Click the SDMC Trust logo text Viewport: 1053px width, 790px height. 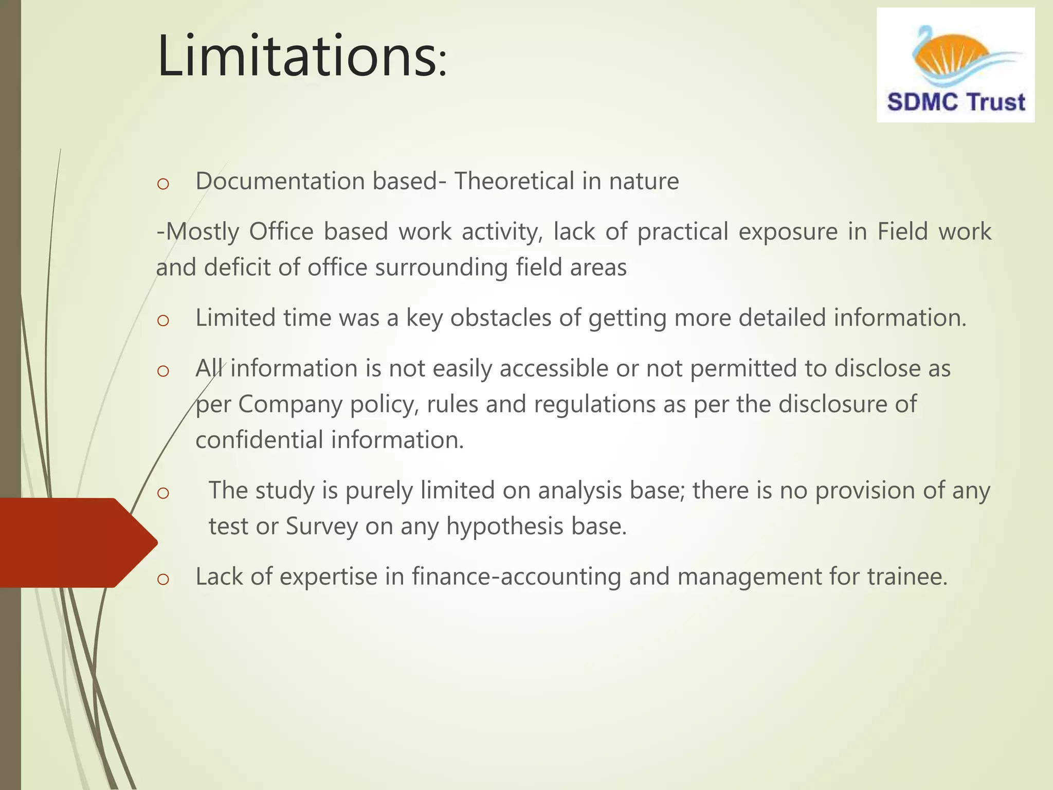956,102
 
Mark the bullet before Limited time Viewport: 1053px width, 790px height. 163,320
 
